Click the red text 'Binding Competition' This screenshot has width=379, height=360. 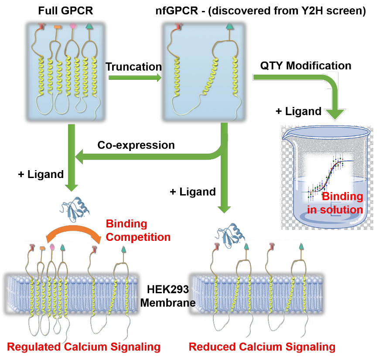[x=138, y=230]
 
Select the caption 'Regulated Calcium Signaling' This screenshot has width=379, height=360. [x=84, y=347]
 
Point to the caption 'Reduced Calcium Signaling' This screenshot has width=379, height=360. [x=262, y=347]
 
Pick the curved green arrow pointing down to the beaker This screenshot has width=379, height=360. [x=305, y=83]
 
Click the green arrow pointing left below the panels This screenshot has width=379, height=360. [x=148, y=156]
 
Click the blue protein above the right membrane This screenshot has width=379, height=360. [x=231, y=236]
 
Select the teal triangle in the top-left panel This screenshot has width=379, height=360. [x=89, y=26]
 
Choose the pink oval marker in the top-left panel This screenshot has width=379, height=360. [x=73, y=26]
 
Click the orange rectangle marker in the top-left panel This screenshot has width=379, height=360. [x=58, y=27]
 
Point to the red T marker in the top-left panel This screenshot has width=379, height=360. [x=41, y=26]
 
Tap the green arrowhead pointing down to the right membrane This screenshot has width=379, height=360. [x=224, y=209]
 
